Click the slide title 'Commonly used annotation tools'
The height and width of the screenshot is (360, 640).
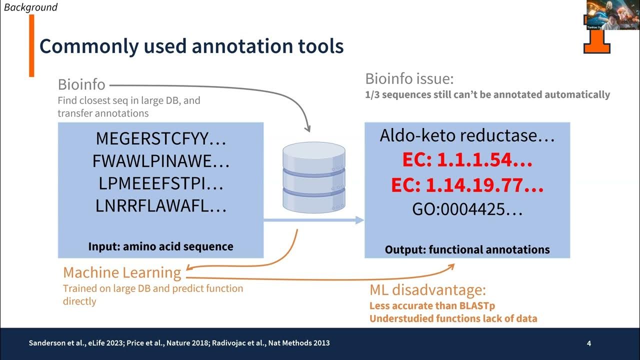(x=191, y=46)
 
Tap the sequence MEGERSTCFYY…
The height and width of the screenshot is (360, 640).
(x=161, y=138)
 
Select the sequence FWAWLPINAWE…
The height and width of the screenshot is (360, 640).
(x=161, y=161)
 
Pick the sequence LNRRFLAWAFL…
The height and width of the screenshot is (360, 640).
(x=161, y=206)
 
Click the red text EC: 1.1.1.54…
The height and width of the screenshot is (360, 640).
(x=467, y=160)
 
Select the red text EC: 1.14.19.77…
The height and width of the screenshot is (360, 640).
(x=467, y=185)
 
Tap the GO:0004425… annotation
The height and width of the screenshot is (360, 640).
(x=467, y=209)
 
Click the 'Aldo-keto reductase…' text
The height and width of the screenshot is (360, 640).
(x=467, y=135)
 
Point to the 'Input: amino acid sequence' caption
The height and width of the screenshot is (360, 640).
(x=160, y=246)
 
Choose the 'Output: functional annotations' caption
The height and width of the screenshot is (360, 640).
(x=467, y=249)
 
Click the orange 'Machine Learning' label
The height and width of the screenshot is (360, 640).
(x=122, y=272)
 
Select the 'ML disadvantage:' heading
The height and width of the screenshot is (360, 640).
(x=427, y=290)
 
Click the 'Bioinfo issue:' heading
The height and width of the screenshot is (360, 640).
(x=409, y=78)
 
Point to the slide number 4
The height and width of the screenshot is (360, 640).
(x=589, y=343)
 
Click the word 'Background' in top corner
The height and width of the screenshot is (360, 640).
(x=30, y=7)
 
